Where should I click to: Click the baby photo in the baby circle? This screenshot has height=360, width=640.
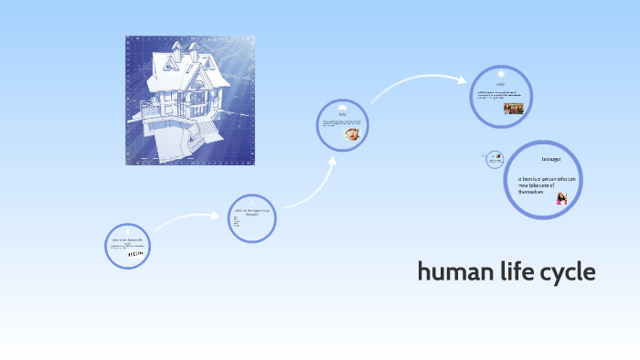coord(351,133)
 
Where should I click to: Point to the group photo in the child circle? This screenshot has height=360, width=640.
coord(513,107)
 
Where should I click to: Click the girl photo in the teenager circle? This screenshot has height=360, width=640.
coord(561,198)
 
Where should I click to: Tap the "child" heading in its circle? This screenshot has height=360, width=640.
coord(501,83)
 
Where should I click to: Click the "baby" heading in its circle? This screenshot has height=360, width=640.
coord(343,114)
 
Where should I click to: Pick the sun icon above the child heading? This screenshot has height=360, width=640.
coord(501,71)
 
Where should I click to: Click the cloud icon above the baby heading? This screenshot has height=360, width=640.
coord(343,104)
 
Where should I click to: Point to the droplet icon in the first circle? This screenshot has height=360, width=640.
coord(129,232)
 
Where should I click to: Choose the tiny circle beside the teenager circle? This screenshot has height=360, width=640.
coord(488,158)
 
